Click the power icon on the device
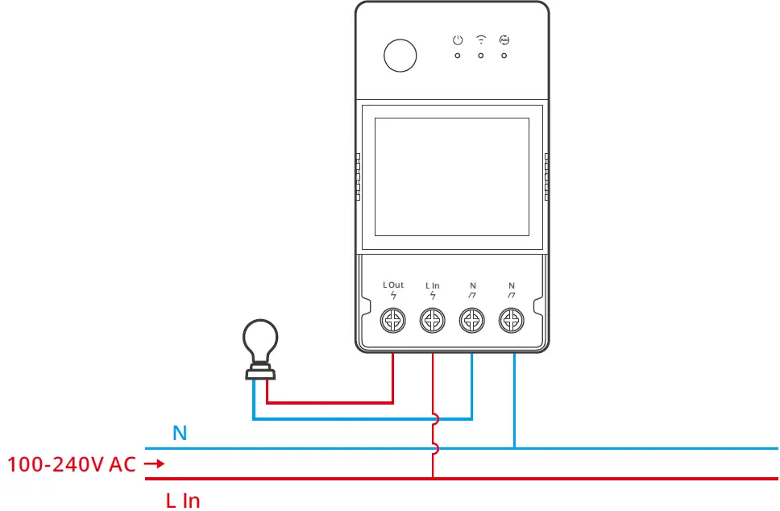(x=458, y=39)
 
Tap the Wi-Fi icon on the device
(x=481, y=39)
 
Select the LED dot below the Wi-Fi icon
(x=481, y=56)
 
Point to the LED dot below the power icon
(x=458, y=56)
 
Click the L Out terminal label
(x=393, y=285)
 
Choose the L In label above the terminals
(x=433, y=285)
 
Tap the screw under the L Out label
(x=393, y=322)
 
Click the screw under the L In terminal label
(x=433, y=322)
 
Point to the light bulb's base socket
(x=260, y=372)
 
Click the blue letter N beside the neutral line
(x=180, y=434)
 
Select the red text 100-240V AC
(x=72, y=464)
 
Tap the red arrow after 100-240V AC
(x=154, y=464)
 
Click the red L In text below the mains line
(x=183, y=501)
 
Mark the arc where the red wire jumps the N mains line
(x=436, y=448)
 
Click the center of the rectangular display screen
(x=452, y=176)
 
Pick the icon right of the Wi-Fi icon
(x=504, y=39)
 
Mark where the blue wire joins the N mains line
(x=513, y=447)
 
